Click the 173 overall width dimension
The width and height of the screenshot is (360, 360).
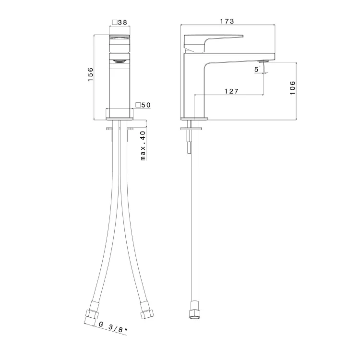point(227,21)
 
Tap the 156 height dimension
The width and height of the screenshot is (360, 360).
point(91,74)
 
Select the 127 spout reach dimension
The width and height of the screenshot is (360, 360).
point(231,91)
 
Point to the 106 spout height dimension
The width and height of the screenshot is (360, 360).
point(292,88)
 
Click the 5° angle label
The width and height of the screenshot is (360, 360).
point(257,69)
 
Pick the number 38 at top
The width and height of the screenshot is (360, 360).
point(122,23)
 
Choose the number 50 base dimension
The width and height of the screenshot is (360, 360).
point(146,105)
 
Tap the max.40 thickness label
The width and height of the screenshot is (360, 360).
point(143,145)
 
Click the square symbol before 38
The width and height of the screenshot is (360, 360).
point(115,23)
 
